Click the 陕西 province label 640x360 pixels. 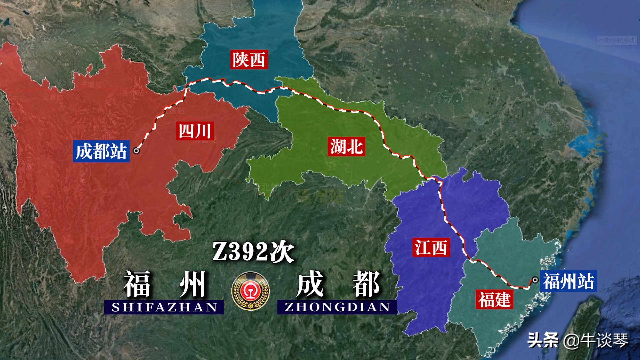pos(249,60)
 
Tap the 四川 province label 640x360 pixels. pos(195,131)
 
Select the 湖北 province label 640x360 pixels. pos(346,147)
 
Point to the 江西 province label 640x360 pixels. pos(431,247)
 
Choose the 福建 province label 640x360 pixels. pos(494,299)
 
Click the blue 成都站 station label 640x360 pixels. pos(101,151)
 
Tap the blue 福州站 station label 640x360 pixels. pos(568,281)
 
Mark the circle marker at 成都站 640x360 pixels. pos(136,151)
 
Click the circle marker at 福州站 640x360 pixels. pos(535,280)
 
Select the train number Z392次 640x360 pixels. pos(253,252)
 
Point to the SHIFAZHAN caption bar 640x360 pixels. pos(164,307)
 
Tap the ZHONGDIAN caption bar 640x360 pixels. pos(337,307)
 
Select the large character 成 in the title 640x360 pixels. pos(310,284)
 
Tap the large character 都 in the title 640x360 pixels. pos(366,284)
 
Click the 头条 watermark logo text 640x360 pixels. pos(543,340)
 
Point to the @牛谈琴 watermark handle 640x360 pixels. pos(596,340)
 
